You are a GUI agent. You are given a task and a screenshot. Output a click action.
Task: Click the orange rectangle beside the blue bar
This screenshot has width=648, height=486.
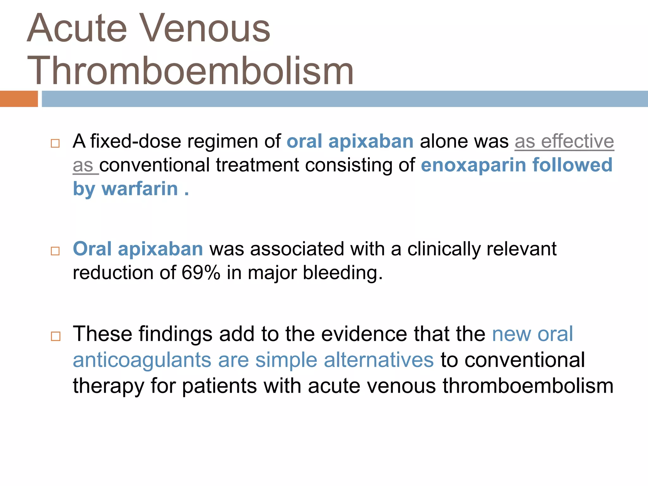coord(19,99)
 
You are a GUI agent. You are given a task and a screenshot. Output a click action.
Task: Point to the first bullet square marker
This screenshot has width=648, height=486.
coord(55,143)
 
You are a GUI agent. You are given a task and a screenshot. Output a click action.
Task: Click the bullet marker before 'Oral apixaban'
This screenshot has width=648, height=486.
coord(55,251)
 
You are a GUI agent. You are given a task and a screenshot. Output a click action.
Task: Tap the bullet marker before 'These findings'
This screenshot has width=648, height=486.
coord(55,336)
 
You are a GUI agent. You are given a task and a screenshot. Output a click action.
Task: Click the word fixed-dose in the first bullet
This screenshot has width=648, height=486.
coord(135,141)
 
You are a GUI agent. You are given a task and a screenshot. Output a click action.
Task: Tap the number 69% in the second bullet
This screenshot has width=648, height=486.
coord(201,272)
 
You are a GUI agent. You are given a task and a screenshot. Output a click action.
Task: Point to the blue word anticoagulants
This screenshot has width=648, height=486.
coord(142,360)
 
